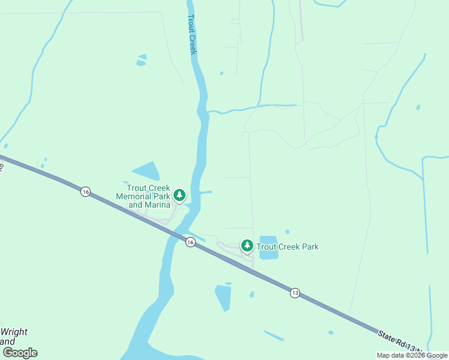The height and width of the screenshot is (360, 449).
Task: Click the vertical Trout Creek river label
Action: (192, 35)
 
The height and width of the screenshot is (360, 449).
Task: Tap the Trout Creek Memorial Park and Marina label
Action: (143, 196)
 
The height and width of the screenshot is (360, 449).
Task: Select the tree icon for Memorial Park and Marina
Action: (179, 195)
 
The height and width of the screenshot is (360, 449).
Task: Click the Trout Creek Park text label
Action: (288, 247)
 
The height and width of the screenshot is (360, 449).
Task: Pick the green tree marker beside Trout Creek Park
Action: (247, 245)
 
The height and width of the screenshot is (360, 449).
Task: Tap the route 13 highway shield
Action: (294, 293)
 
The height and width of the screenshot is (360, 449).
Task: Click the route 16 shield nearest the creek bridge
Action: (190, 242)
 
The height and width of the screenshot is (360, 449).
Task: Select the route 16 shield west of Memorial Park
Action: (86, 191)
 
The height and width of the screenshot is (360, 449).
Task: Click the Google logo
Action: (20, 353)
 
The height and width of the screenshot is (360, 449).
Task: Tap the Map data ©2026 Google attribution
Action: (412, 355)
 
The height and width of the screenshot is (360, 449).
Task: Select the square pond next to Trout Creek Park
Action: (268, 247)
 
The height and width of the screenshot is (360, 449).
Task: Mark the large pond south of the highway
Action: (223, 297)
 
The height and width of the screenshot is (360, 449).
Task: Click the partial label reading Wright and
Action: (14, 337)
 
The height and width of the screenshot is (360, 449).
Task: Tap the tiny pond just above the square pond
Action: (288, 232)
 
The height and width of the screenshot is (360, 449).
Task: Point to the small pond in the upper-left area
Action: (142, 60)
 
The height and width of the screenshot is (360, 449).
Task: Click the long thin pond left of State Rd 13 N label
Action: (274, 335)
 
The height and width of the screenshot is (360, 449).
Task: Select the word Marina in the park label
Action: (158, 205)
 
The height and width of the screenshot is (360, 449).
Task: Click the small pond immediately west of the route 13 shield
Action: (252, 294)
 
